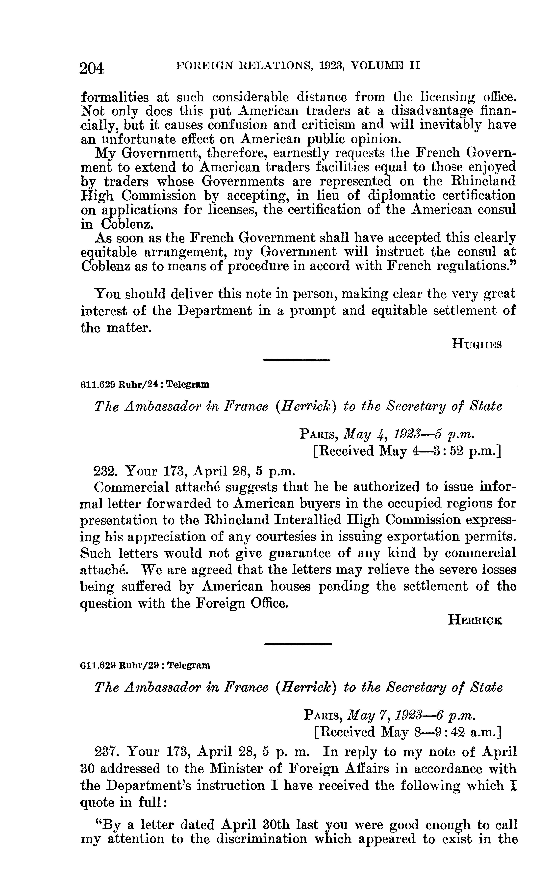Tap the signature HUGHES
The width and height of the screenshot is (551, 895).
(476, 344)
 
